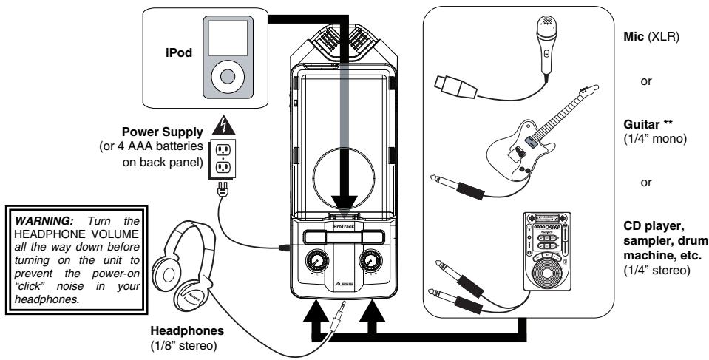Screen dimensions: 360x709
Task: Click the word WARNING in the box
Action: (x=35, y=220)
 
